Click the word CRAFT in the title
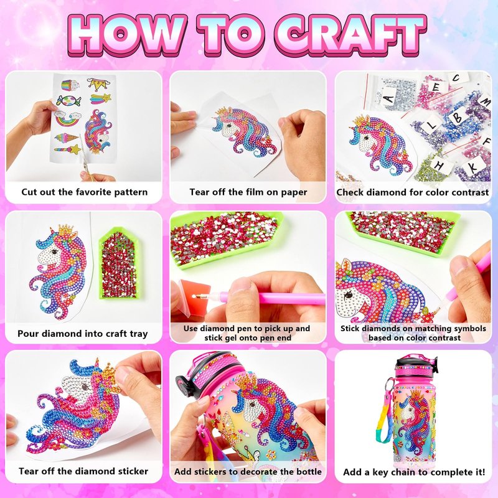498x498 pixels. [350, 35]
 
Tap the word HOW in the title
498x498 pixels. [126, 35]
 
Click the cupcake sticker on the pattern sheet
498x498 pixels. [70, 85]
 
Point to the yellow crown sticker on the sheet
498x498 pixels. [98, 84]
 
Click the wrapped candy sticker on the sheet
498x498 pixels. [68, 101]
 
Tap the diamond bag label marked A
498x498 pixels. [389, 99]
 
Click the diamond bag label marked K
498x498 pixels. [474, 167]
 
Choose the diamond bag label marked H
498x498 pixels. [440, 166]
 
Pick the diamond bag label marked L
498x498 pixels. [431, 125]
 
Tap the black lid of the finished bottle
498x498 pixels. [416, 362]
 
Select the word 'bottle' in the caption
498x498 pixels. [309, 472]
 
